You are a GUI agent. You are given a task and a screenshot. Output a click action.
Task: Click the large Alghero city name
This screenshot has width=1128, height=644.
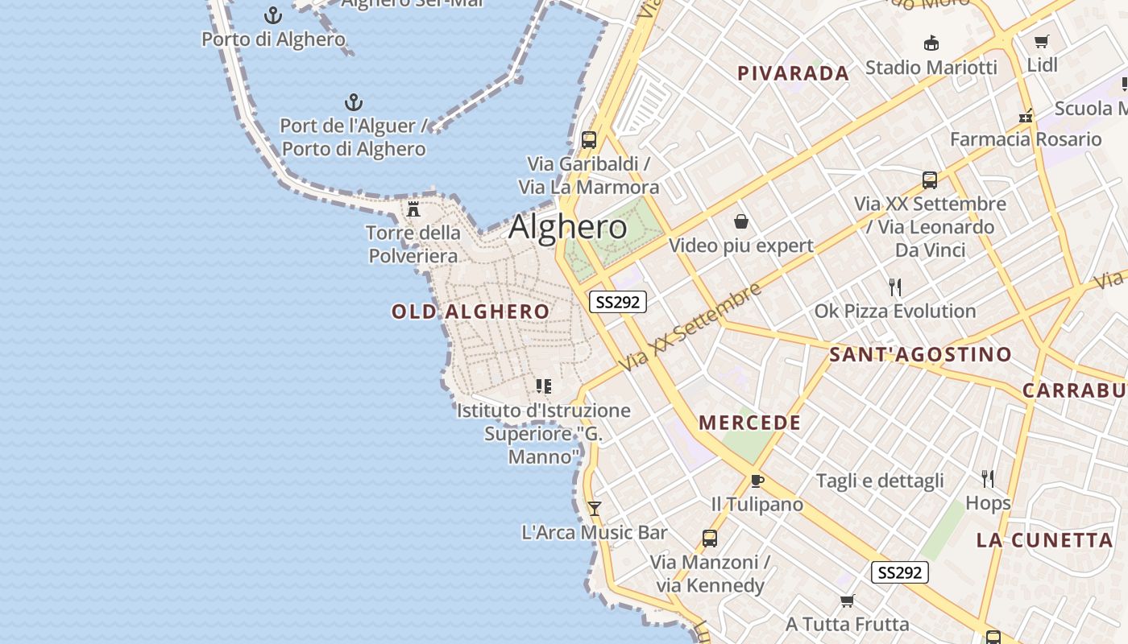(567, 227)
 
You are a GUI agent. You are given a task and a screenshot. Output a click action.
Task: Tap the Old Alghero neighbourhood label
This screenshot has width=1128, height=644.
(471, 312)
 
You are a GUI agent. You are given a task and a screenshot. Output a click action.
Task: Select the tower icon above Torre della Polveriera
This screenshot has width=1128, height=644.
(413, 209)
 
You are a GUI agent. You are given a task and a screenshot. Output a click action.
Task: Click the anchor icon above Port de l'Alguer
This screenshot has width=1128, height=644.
(354, 102)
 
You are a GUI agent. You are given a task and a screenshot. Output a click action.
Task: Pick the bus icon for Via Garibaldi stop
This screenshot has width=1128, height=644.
(589, 139)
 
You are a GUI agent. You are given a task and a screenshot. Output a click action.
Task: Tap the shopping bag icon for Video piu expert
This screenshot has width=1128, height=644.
(740, 221)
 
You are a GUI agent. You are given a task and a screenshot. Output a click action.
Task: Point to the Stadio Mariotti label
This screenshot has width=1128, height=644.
(931, 67)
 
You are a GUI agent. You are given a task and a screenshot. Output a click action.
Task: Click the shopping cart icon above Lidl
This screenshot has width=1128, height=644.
(1042, 41)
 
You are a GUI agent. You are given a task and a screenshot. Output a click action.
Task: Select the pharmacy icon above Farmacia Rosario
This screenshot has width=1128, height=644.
(1026, 116)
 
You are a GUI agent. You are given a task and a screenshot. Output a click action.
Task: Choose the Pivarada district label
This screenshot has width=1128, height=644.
(793, 73)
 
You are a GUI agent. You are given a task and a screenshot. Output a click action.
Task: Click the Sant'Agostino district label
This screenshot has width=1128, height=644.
(920, 354)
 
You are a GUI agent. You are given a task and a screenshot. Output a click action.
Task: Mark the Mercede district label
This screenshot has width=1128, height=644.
(749, 423)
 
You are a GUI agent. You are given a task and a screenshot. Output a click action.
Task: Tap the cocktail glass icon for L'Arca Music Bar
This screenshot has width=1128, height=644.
(595, 508)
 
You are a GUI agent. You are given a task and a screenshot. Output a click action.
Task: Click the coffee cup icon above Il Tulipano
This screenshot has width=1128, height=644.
(757, 481)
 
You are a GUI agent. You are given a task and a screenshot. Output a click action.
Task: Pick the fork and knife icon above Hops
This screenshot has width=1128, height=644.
(988, 479)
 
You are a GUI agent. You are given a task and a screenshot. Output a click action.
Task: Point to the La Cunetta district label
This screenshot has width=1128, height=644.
(1044, 540)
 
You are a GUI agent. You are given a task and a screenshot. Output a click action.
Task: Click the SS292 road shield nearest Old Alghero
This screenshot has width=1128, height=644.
(618, 302)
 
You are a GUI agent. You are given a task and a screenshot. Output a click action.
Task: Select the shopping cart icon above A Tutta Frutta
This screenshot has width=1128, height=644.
(847, 601)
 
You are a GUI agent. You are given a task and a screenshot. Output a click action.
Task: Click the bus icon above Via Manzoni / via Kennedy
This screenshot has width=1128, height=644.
(710, 538)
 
